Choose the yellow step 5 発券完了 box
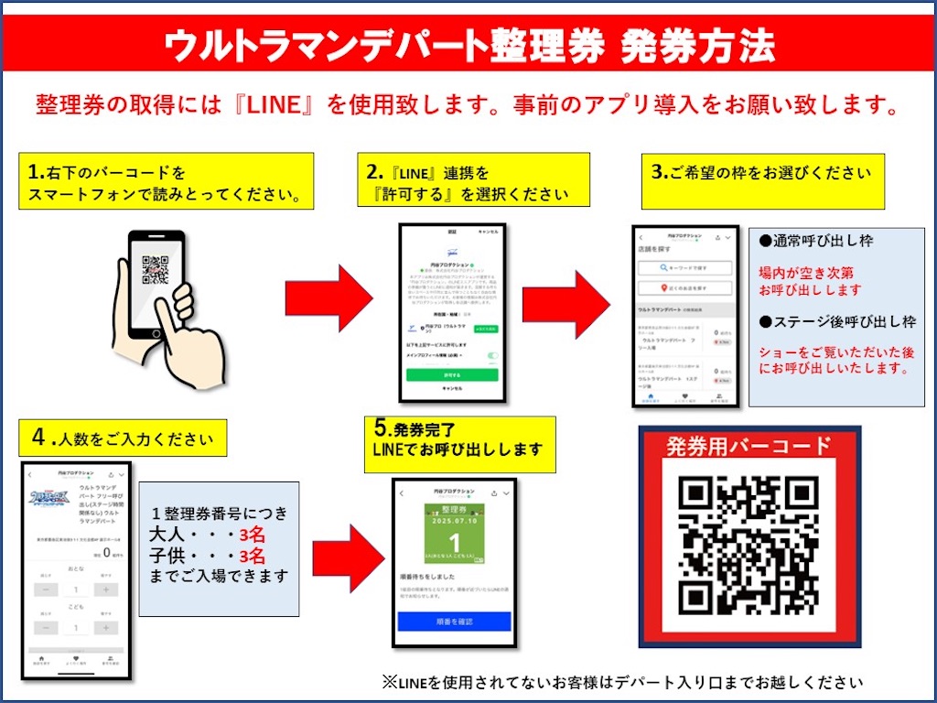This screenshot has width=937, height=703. pos(463,444)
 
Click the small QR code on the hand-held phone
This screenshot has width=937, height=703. pos(156,268)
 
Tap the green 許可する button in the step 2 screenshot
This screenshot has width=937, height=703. pos(452,375)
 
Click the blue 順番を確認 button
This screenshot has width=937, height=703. pos(454,621)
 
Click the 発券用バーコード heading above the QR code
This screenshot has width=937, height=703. pos(749,447)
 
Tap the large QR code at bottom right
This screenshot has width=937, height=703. pos(749,546)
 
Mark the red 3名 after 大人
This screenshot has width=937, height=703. pos(252,535)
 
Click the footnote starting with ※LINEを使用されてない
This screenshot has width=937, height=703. pos(623,682)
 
